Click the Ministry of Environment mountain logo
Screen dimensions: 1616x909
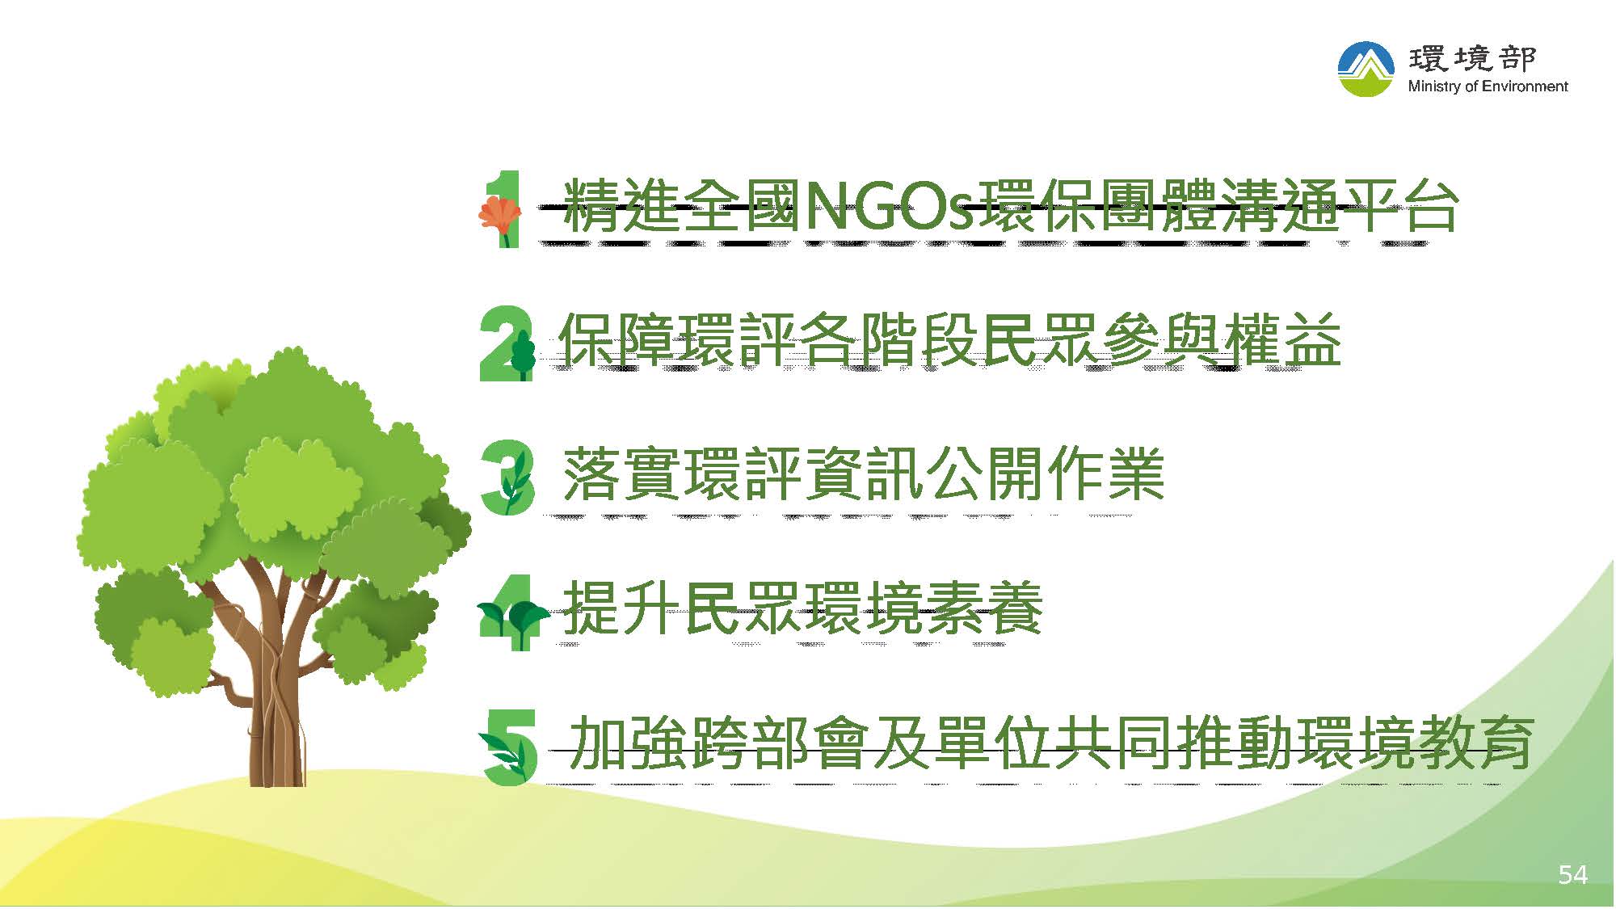click(x=1366, y=69)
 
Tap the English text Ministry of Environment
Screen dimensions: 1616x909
click(x=1488, y=86)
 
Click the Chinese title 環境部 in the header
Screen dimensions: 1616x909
click(x=1472, y=58)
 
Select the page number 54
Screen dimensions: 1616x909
click(x=1572, y=874)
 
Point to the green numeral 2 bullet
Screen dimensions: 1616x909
click(x=506, y=343)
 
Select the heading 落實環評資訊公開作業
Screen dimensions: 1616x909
click(x=863, y=474)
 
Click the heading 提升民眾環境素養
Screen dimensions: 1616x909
click(x=802, y=608)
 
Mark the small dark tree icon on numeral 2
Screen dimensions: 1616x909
click(x=524, y=354)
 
